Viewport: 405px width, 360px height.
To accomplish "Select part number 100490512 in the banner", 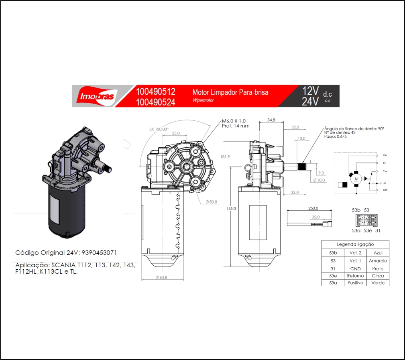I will [x=155, y=92].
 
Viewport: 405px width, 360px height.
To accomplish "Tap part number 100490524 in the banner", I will [x=155, y=102].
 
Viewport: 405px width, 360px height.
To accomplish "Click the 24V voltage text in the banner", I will [x=310, y=102].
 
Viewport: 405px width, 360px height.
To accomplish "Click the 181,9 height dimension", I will [x=225, y=157].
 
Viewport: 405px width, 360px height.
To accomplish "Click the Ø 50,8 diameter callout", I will [x=211, y=201].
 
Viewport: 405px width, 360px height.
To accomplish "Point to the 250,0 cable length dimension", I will [x=313, y=208].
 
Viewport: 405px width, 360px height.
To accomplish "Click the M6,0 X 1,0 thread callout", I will [x=234, y=121].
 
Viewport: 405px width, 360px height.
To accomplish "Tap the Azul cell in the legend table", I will [x=378, y=253].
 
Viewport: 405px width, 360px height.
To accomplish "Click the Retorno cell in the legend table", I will [x=355, y=276].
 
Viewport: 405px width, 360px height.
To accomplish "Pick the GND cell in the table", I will [x=355, y=268].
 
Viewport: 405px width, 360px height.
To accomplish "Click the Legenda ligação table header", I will [x=355, y=244].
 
